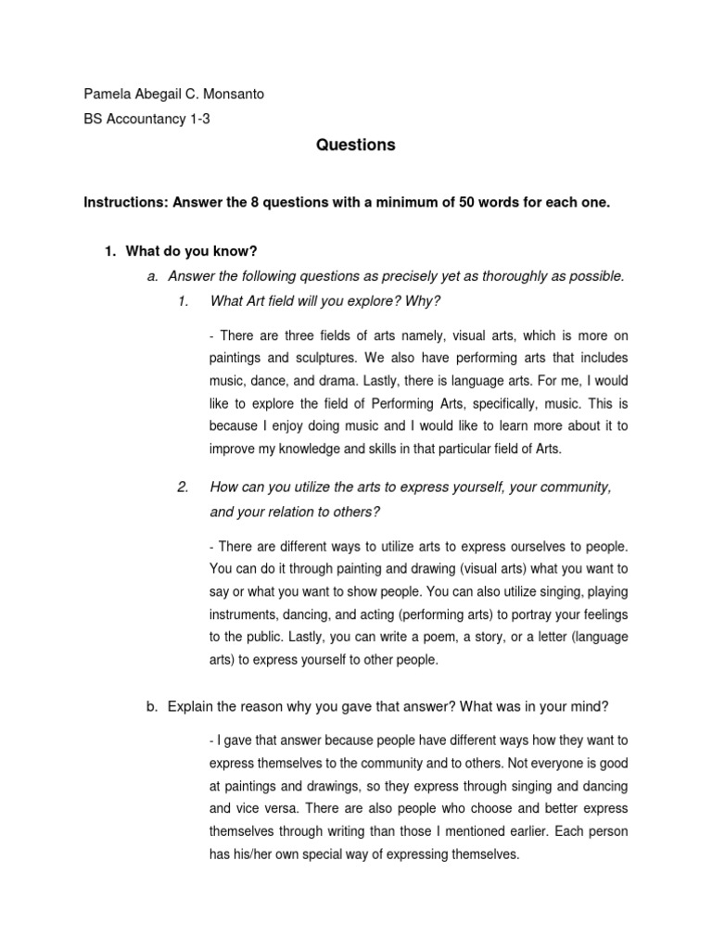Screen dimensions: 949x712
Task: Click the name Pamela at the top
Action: [108, 95]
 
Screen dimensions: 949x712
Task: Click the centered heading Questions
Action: [355, 146]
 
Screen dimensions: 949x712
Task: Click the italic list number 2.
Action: [183, 487]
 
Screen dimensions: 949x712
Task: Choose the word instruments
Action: [249, 614]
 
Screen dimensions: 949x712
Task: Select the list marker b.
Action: [152, 706]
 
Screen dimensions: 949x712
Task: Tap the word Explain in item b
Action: [191, 706]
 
